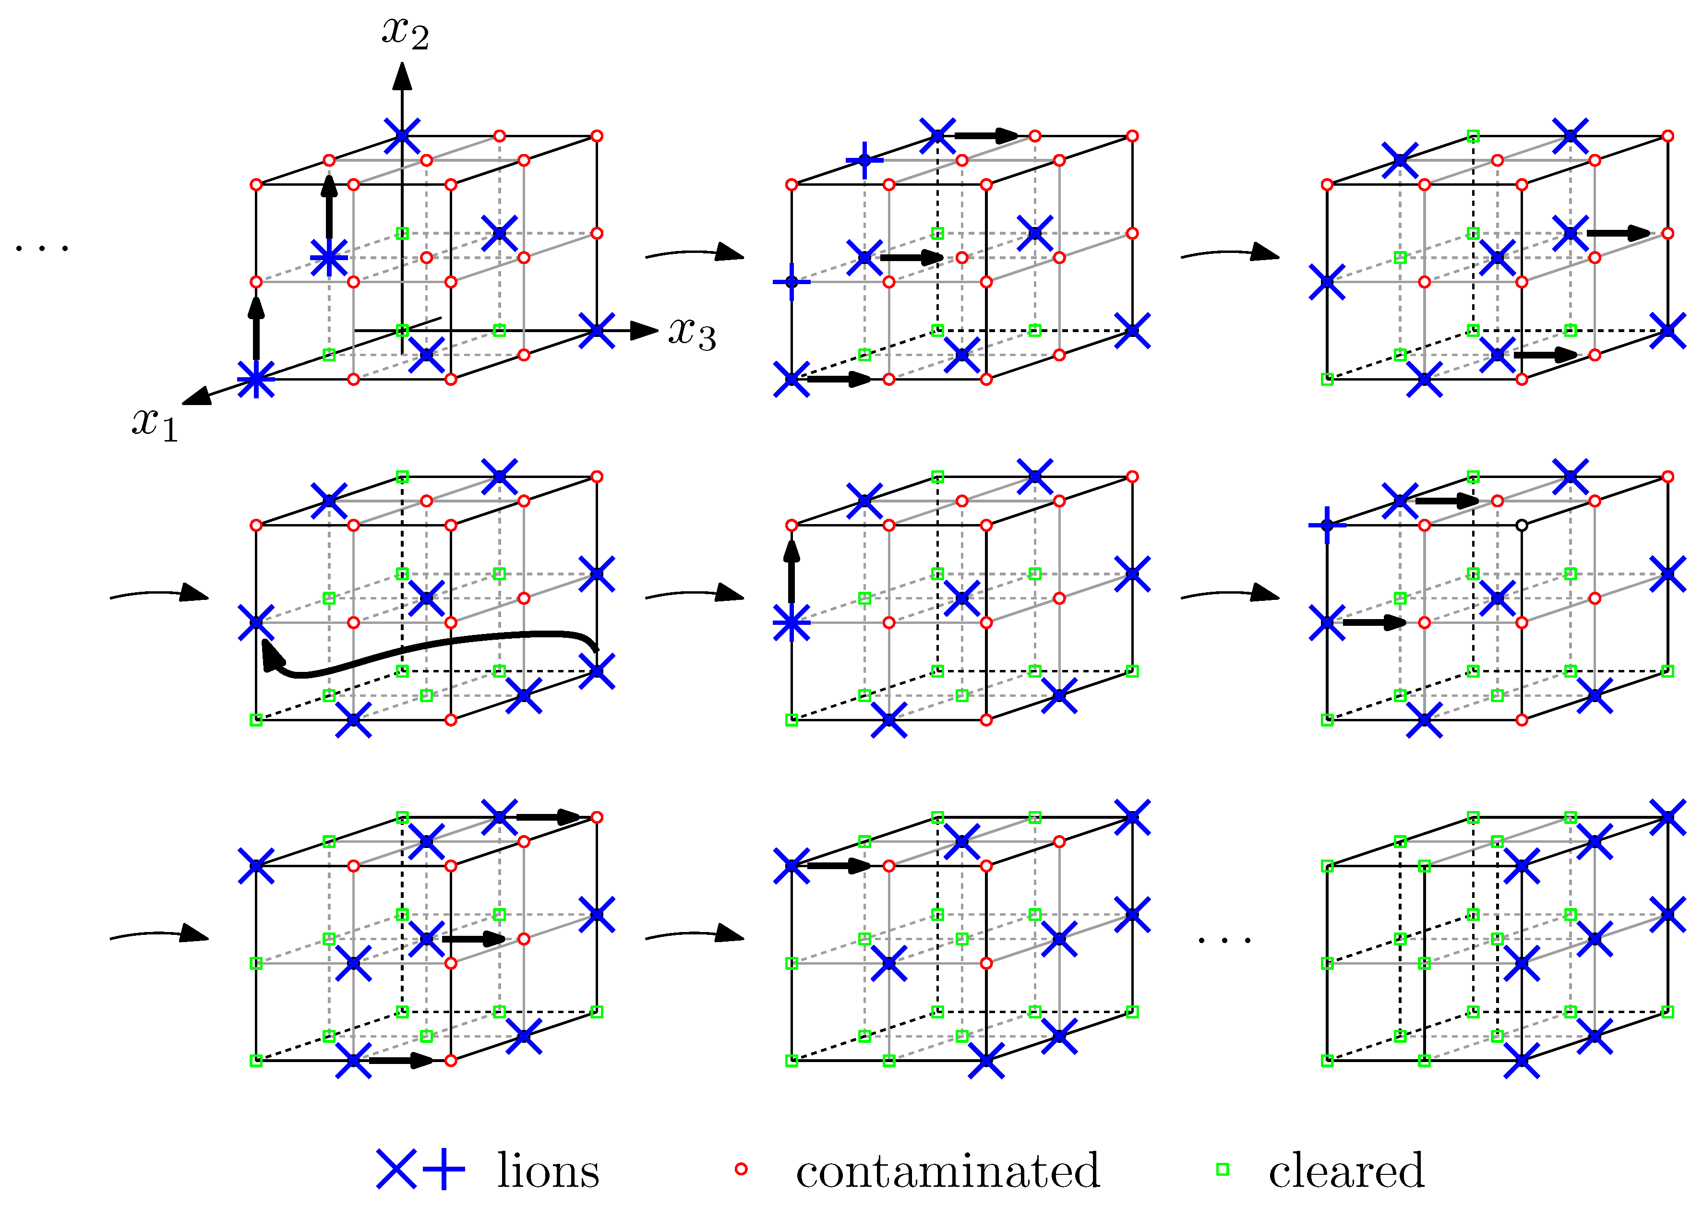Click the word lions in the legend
tap(548, 1171)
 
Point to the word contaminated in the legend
tap(948, 1171)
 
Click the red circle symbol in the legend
tap(740, 1169)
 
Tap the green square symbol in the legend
tap(1222, 1169)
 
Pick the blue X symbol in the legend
tap(396, 1169)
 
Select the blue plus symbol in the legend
tap(444, 1169)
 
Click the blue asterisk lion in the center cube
tap(792, 623)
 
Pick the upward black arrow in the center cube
tap(792, 570)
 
